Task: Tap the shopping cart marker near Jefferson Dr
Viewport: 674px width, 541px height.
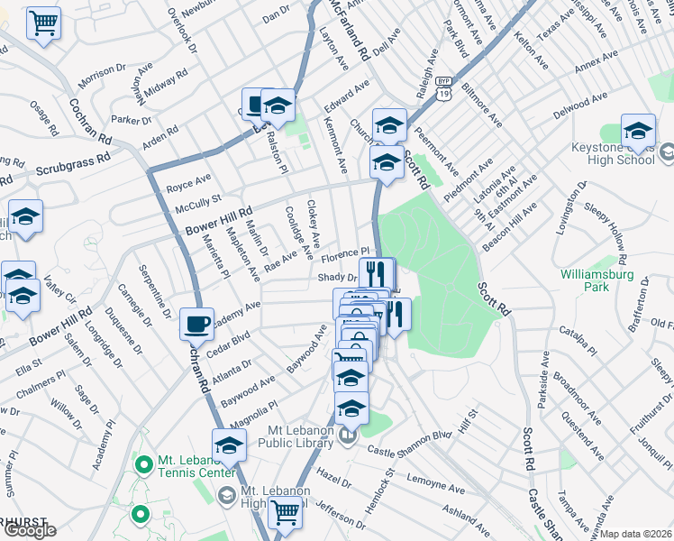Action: (285, 512)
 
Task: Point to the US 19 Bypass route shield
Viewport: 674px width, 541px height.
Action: (442, 81)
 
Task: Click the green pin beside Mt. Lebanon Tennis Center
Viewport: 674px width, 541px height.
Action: (141, 465)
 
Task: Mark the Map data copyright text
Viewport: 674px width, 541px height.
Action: (636, 534)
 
